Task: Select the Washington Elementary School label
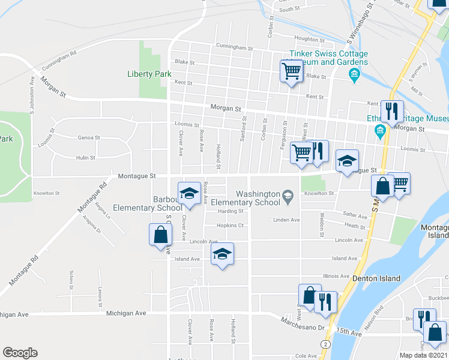pyautogui.click(x=258, y=198)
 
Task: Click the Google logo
pyautogui.click(x=20, y=352)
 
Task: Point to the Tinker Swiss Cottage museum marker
pyautogui.click(x=354, y=74)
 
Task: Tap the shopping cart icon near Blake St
pyautogui.click(x=291, y=71)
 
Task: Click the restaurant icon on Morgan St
pyautogui.click(x=391, y=111)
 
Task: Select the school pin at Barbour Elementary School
pyautogui.click(x=188, y=192)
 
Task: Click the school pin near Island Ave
pyautogui.click(x=222, y=255)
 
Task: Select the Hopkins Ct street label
pyautogui.click(x=231, y=226)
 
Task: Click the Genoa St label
pyautogui.click(x=88, y=137)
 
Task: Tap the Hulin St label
pyautogui.click(x=86, y=158)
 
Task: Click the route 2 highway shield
pyautogui.click(x=325, y=344)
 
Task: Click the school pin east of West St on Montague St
pyautogui.click(x=346, y=161)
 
